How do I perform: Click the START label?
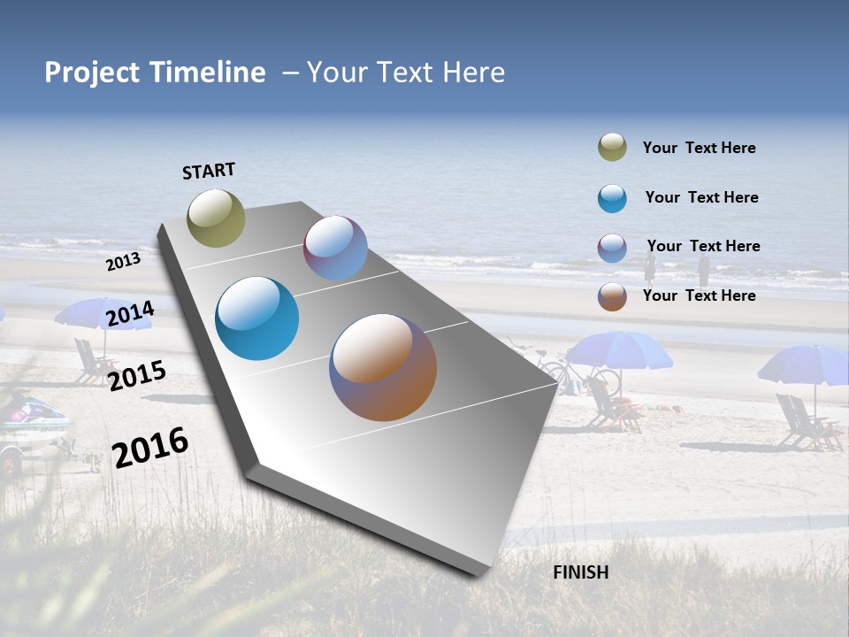(x=209, y=171)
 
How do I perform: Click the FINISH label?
(x=580, y=572)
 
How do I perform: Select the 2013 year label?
(x=123, y=262)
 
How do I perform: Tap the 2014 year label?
(x=130, y=313)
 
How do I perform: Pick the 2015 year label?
(x=137, y=375)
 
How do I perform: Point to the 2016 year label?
(x=150, y=447)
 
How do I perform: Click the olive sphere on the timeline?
(x=216, y=218)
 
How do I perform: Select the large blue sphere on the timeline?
(x=257, y=318)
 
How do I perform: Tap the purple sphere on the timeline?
(x=335, y=248)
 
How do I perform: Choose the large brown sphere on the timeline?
(x=383, y=367)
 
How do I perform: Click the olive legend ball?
(x=612, y=148)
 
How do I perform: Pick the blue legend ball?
(x=612, y=198)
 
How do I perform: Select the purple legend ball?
(x=612, y=248)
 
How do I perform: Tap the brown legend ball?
(x=612, y=296)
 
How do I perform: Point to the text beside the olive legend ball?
(x=699, y=149)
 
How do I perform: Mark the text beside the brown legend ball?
(x=699, y=295)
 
